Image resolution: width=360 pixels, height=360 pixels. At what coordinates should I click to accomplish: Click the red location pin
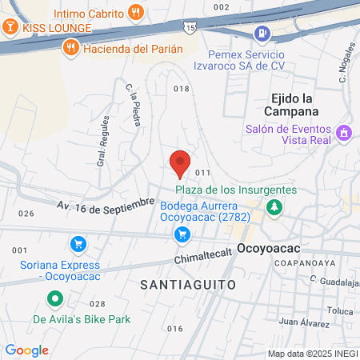coord(180,162)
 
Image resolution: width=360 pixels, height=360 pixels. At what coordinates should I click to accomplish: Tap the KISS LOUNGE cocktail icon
coord(10,27)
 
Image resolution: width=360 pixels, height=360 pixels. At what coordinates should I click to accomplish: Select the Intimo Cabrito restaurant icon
coord(137,13)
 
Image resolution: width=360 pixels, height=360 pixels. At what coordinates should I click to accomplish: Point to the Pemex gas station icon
coord(261,34)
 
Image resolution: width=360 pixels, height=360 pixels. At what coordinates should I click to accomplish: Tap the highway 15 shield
coord(189,28)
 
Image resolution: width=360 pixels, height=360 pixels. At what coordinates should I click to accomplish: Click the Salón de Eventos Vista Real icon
coord(345,132)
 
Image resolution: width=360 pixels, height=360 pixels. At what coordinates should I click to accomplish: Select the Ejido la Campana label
coord(290,105)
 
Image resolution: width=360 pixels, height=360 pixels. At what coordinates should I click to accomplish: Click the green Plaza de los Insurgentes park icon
coord(275,207)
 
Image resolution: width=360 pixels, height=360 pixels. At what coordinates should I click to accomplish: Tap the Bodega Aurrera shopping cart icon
coord(182,234)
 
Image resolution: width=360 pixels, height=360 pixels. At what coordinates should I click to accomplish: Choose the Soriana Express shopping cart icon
coord(77,243)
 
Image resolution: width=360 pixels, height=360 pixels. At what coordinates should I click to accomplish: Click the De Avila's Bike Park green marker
coord(54,300)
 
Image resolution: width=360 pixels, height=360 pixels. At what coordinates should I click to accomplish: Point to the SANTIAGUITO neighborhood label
coord(187,284)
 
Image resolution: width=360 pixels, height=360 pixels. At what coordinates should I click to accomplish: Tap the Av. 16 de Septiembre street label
coord(105,206)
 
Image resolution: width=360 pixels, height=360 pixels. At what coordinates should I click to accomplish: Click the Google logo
coord(26,350)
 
